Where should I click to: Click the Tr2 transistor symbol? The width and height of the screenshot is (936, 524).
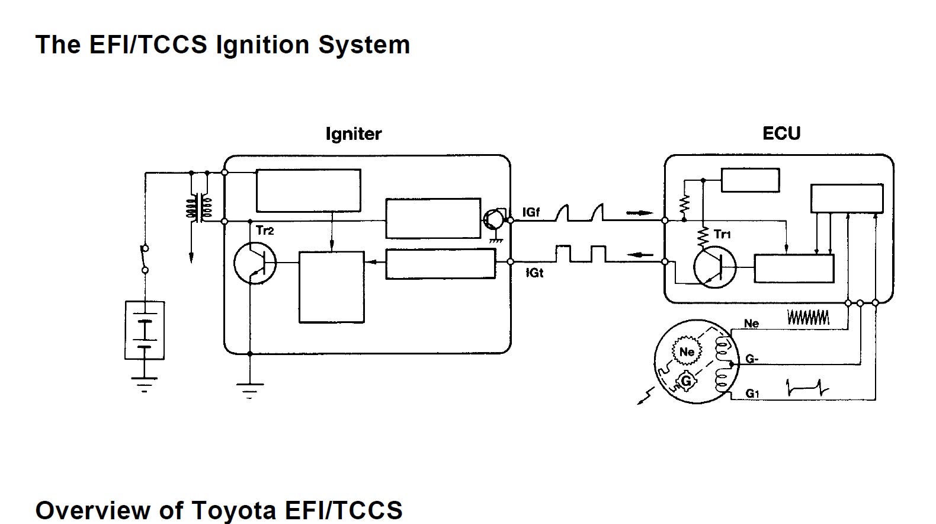[x=255, y=263]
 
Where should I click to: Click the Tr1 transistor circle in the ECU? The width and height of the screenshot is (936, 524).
[x=714, y=267]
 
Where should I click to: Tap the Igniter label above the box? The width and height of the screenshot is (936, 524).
[x=353, y=134]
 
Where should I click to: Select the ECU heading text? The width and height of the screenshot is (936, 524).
[x=781, y=133]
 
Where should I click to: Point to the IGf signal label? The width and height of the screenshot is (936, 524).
[x=531, y=212]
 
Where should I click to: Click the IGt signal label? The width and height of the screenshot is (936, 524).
[x=534, y=273]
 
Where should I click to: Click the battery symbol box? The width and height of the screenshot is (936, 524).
[x=145, y=330]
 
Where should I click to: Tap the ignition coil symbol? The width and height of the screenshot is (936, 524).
[x=200, y=207]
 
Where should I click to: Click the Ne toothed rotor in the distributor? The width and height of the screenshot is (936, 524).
[x=687, y=352]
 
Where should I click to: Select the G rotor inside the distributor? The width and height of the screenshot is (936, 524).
[x=685, y=381]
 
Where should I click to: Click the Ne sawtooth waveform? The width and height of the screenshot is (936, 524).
[x=807, y=318]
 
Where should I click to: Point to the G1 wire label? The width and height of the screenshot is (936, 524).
[x=752, y=394]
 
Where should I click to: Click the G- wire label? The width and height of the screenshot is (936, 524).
[x=752, y=359]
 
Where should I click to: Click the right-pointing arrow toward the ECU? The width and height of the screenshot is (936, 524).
[x=639, y=212]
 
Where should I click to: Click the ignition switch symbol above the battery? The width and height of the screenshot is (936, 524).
[x=145, y=259]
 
